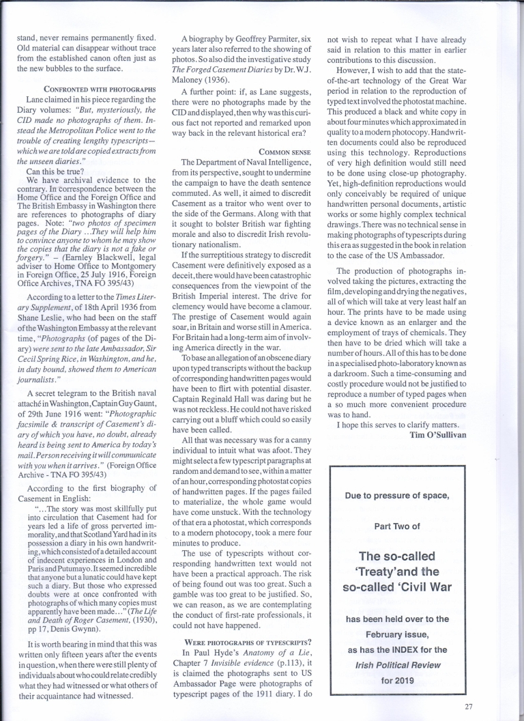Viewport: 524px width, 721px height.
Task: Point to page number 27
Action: tap(467, 706)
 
